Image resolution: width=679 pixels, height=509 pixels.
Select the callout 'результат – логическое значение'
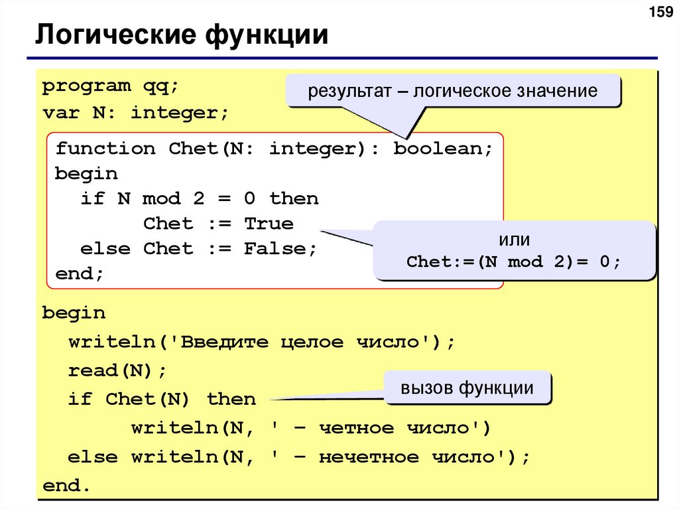(x=453, y=91)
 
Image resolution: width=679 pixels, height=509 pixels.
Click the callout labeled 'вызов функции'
(x=467, y=388)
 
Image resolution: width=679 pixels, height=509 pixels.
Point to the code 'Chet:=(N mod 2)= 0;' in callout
(x=514, y=261)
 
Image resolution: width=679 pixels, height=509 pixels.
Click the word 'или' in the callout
(x=514, y=240)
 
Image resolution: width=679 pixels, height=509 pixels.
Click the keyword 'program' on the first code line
(x=87, y=86)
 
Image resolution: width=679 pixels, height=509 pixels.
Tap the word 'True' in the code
(x=269, y=224)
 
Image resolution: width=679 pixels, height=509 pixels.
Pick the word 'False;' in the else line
(x=280, y=249)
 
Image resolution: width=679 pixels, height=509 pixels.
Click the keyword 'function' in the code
(x=105, y=148)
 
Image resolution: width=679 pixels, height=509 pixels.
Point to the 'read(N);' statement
(x=118, y=370)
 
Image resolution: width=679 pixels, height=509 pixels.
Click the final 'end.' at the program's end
(x=66, y=486)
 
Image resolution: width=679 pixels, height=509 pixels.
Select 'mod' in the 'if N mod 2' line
(x=162, y=198)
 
